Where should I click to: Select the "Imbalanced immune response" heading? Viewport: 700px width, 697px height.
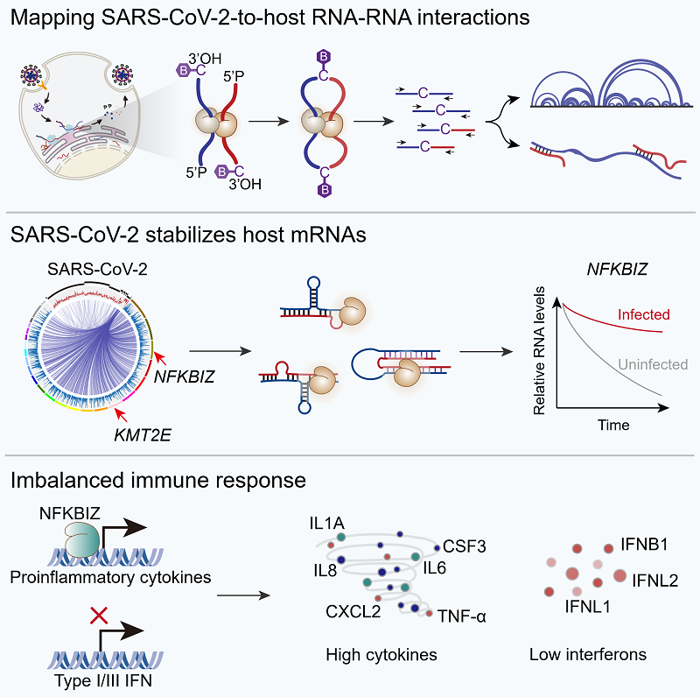158,480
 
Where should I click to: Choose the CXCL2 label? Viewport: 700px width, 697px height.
353,610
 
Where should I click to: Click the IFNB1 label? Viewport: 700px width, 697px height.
644,545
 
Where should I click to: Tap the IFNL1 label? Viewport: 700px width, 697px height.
587,605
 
